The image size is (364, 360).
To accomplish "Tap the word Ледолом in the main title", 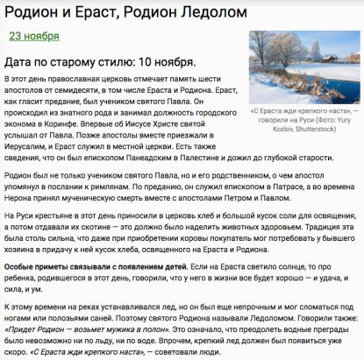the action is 200,11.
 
